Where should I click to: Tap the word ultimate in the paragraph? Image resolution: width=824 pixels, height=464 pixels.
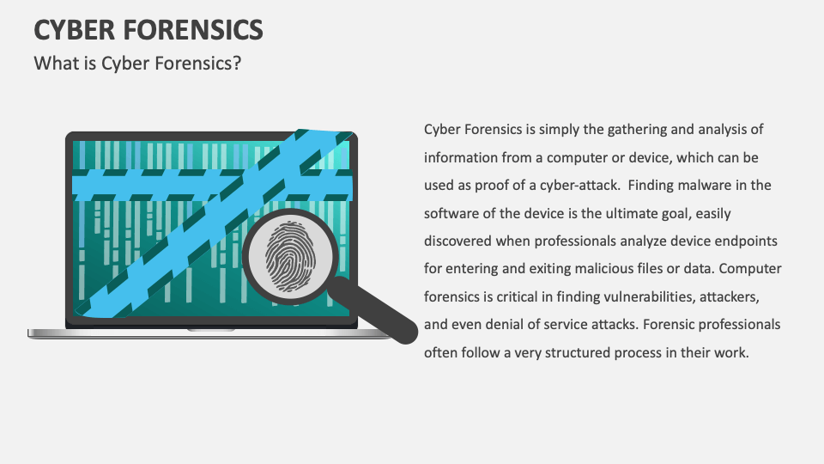pyautogui.click(x=656, y=213)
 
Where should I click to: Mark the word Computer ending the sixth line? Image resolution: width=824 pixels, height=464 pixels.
pyautogui.click(x=749, y=269)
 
